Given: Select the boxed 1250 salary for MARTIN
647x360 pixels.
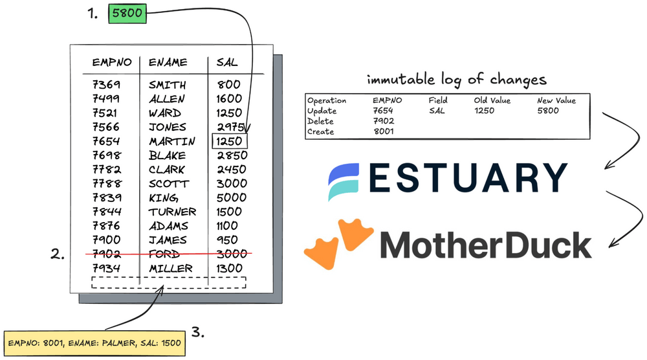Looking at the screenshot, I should [230, 141].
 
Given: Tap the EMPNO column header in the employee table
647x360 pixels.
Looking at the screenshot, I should [112, 63].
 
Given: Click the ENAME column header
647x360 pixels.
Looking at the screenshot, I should [168, 63].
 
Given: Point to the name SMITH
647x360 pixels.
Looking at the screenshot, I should [167, 85].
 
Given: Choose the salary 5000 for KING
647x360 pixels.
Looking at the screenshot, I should [231, 197].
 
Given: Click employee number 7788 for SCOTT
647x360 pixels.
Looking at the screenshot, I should [107, 183].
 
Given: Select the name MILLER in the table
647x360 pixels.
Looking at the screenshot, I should [171, 268].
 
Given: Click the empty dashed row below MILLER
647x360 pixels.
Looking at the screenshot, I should [169, 282].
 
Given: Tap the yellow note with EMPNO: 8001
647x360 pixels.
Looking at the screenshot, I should [94, 343].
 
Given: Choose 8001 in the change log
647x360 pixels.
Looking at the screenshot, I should [384, 131].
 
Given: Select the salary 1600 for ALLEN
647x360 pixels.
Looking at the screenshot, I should [230, 99].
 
